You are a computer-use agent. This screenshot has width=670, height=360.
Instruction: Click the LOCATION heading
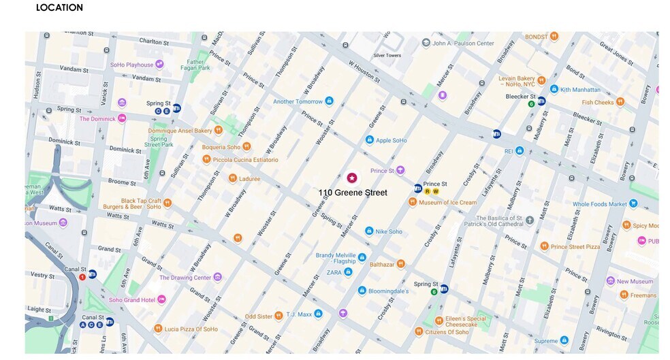(59, 7)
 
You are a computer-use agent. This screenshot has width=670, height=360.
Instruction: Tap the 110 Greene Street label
(352, 193)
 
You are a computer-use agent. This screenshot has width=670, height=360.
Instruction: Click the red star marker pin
(351, 178)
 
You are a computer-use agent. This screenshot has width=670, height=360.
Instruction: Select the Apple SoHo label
(392, 140)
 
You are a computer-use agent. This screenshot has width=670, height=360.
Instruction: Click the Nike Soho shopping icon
(369, 231)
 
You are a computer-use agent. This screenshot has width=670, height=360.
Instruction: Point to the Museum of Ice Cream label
(448, 202)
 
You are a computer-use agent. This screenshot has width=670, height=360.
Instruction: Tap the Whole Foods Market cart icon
(633, 203)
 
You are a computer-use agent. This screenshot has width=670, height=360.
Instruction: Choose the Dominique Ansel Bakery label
(180, 131)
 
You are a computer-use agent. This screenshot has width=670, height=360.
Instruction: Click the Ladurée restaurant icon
(233, 178)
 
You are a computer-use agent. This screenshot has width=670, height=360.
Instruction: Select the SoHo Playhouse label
(131, 65)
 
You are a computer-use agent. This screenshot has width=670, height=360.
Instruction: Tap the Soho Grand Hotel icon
(162, 299)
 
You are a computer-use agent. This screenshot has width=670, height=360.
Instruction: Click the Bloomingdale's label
(389, 291)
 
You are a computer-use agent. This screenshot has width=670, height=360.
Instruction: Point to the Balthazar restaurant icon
(401, 264)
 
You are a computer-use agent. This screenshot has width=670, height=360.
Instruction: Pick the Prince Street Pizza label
(575, 246)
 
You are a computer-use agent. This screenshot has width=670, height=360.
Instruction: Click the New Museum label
(635, 281)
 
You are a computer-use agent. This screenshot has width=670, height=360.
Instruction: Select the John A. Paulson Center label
(463, 44)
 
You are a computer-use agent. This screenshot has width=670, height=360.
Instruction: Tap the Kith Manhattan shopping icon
(554, 89)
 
